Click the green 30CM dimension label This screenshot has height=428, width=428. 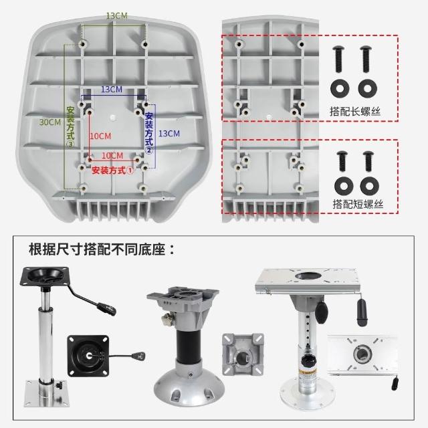50,122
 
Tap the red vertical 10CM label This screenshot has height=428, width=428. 101,136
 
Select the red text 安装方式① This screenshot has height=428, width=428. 113,171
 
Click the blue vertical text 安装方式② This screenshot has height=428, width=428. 149,133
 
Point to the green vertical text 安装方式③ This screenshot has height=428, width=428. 70,127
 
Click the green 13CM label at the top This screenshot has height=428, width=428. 117,16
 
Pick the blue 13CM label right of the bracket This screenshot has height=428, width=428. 169,134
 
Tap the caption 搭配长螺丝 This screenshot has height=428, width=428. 355,112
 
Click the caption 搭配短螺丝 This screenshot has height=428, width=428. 358,204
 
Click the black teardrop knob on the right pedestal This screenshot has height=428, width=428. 321,312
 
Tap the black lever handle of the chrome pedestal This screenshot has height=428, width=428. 106,309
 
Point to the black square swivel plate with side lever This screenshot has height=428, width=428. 88,356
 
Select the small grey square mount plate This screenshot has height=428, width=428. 243,354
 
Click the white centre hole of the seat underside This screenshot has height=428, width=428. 113,118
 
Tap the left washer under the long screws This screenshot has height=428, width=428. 340,88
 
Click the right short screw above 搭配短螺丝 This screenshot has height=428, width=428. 368,161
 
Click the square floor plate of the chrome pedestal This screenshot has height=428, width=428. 45,393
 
